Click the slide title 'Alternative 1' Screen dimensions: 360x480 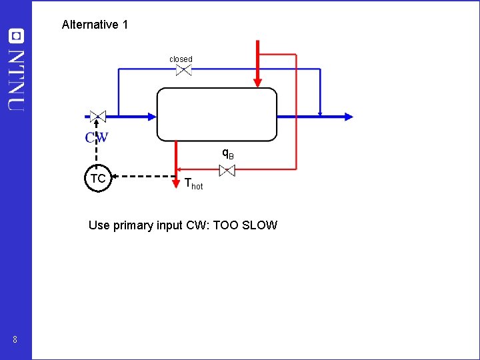[95, 25]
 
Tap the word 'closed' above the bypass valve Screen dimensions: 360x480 [181, 59]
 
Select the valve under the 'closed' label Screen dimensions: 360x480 [183, 70]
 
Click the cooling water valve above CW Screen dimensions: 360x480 [97, 116]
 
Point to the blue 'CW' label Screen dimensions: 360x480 [97, 138]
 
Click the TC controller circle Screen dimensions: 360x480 [97, 178]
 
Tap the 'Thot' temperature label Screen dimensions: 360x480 [193, 184]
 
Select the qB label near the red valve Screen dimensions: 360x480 [227, 154]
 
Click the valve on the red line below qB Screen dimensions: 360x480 [227, 170]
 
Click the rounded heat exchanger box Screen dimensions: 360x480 [217, 115]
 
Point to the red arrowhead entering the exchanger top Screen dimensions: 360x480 [257, 83]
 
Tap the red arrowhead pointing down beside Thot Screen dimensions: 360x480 [177, 167]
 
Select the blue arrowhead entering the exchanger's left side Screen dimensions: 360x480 [151, 116]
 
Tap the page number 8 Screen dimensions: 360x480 [14, 341]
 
